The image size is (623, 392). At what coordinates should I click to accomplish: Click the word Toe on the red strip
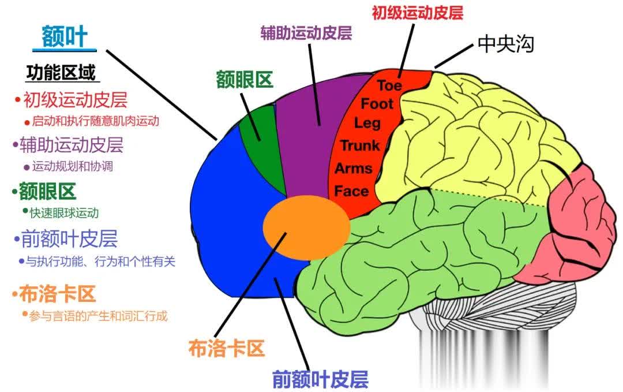pyautogui.click(x=390, y=85)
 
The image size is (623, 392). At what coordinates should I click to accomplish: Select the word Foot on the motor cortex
pyautogui.click(x=377, y=104)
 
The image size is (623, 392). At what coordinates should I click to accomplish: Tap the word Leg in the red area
pyautogui.click(x=367, y=123)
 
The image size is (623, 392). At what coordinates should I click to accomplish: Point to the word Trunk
pyautogui.click(x=359, y=145)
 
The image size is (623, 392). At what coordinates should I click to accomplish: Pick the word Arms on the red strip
pyautogui.click(x=353, y=169)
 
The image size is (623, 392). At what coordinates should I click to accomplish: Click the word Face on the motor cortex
pyautogui.click(x=351, y=191)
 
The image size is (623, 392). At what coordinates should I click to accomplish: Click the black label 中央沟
pyautogui.click(x=506, y=44)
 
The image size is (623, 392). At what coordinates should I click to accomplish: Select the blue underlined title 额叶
pyautogui.click(x=64, y=38)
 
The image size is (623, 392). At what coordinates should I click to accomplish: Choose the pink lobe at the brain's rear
pyautogui.click(x=577, y=225)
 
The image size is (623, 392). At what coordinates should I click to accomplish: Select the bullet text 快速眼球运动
pyautogui.click(x=65, y=212)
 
